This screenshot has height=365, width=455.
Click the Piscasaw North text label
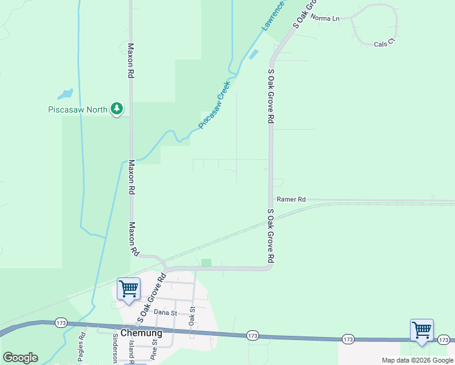coord(77,110)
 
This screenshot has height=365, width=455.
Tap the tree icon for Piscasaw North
coord(117,109)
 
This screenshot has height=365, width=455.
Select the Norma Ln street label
coord(325,18)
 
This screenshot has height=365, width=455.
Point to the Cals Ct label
coord(384,44)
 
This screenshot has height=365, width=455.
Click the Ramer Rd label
coord(291,199)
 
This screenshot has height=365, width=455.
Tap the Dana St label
coord(165,312)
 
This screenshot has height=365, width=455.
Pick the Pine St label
coord(154,352)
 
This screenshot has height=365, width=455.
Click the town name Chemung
coord(141,333)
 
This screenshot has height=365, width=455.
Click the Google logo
coord(20,358)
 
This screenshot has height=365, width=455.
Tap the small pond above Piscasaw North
coord(65,94)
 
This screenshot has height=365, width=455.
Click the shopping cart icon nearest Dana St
coord(128,289)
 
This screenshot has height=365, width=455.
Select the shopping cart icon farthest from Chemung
coord(422,330)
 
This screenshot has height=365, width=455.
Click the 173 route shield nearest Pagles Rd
coord(60,322)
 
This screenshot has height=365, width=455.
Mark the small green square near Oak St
coord(206,263)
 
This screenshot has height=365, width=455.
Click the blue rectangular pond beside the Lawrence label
coord(253,54)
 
